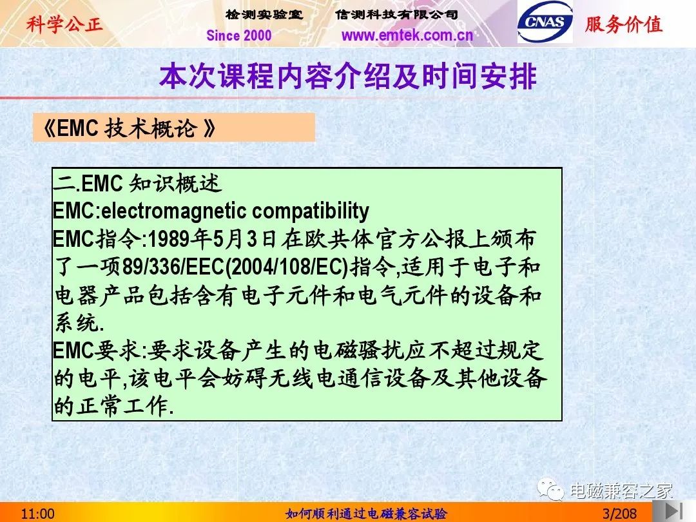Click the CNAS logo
point(545,22)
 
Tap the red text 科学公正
point(64,24)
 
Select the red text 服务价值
point(624,24)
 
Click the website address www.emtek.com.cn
point(407,35)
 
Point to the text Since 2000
point(239,35)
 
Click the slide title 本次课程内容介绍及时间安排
point(348,76)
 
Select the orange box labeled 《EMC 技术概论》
point(174,128)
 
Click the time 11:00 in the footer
point(38,514)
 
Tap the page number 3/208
point(619,514)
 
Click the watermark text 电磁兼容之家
point(621,491)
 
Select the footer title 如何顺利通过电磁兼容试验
point(366,514)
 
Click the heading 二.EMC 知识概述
point(137,183)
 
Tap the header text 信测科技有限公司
point(396,15)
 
